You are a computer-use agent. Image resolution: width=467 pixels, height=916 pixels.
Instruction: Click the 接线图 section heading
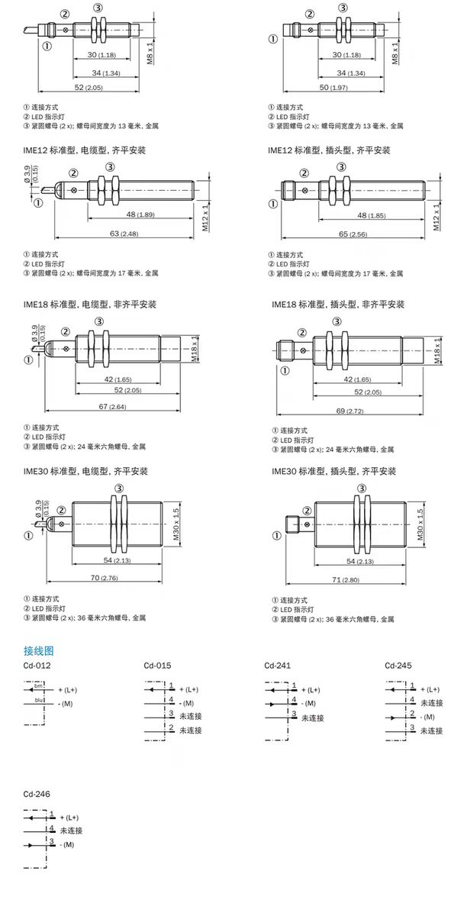pos(38,651)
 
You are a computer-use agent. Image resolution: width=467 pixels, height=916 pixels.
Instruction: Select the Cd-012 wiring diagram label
pos(37,666)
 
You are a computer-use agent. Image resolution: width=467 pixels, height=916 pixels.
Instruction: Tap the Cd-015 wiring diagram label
pos(157,666)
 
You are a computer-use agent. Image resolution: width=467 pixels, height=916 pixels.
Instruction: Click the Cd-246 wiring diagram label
pos(37,794)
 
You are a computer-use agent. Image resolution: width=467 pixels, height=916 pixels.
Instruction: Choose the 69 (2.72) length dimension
pos(353,411)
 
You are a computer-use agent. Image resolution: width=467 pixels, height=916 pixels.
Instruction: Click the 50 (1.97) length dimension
pos(333,89)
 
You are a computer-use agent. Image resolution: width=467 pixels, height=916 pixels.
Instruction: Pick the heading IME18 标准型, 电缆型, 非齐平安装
pos(90,304)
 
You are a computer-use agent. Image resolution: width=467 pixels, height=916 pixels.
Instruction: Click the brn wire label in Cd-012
pos(38,687)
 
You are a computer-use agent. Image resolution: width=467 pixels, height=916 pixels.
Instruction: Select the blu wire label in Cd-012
pos(38,698)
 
